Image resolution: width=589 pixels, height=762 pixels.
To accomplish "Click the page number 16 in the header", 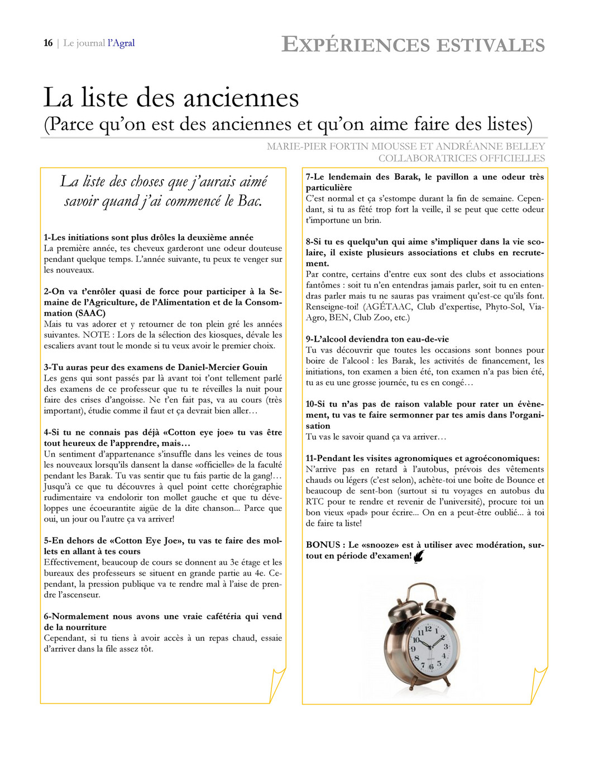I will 48,43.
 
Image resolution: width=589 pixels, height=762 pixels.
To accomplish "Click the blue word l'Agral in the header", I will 121,43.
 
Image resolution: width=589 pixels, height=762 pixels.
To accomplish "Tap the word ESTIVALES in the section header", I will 491,45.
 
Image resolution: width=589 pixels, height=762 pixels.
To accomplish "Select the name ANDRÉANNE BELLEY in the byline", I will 491,146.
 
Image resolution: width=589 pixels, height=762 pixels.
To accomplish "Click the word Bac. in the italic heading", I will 250,201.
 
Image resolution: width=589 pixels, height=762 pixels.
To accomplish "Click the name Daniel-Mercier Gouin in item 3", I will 223,367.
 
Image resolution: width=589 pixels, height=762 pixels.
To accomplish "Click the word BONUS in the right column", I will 323,545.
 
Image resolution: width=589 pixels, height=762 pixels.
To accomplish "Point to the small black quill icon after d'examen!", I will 419,556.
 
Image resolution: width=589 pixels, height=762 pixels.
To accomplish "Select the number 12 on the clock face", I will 428,629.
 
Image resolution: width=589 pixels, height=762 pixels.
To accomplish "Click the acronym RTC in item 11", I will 315,502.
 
